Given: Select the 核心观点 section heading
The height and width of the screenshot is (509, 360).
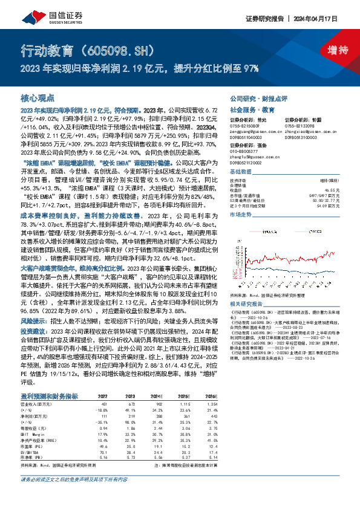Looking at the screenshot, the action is pyautogui.click(x=38, y=98).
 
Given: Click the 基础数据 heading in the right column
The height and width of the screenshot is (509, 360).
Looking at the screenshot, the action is pyautogui.click(x=240, y=172).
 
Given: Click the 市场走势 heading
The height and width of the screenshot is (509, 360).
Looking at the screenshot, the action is pyautogui.click(x=240, y=215).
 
